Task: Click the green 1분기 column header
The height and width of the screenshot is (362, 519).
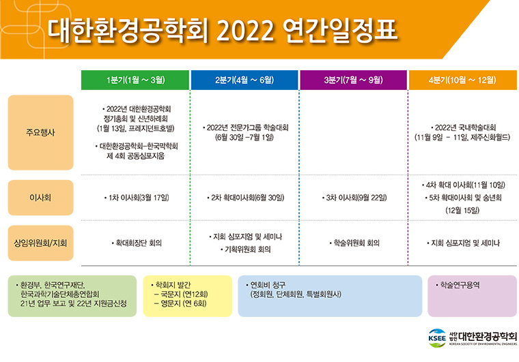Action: point(135,80)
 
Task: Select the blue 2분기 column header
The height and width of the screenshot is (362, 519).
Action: point(244,80)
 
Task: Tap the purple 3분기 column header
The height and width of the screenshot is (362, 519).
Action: point(353,80)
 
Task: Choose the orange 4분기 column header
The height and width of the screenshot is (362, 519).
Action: point(463,80)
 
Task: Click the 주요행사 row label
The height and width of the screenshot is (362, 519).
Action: point(40,132)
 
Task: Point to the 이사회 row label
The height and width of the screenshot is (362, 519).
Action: point(40,198)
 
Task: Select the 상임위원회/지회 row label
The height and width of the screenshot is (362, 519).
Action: point(40,243)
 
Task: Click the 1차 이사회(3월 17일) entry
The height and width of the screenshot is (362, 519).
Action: point(137,198)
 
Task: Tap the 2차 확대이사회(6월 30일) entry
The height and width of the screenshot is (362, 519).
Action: point(245,198)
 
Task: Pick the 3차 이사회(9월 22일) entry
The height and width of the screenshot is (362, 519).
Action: point(354,198)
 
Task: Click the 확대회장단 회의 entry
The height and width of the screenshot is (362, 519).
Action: point(137,243)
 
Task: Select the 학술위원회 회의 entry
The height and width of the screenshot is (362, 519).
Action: point(354,243)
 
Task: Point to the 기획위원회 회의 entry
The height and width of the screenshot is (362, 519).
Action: point(245,250)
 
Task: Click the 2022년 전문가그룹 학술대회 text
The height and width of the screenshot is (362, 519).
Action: point(245,127)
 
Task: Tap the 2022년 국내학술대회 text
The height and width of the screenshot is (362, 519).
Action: point(463,127)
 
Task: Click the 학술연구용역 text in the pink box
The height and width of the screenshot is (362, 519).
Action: point(458,285)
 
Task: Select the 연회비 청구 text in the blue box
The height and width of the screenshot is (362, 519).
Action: point(266,285)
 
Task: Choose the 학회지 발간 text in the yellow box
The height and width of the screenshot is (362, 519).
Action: point(171,285)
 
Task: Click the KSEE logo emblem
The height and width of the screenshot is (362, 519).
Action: point(437,338)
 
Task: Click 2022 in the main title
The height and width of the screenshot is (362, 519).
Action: point(245,31)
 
